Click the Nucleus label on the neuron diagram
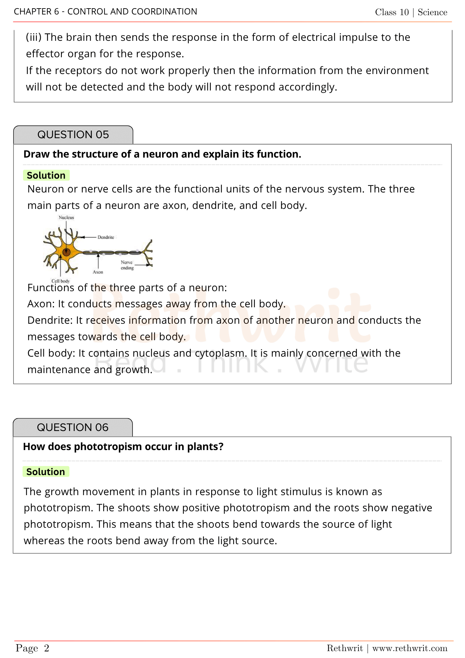(66, 217)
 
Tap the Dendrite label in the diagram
(106, 237)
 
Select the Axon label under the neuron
(98, 272)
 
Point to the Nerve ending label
(127, 265)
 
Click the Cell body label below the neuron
(61, 281)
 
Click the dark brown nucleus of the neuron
(66, 252)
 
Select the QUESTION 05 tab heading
(73, 135)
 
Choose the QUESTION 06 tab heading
(73, 427)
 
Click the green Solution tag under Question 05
(46, 175)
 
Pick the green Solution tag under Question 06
(46, 472)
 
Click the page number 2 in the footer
(47, 648)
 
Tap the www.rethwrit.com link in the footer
(410, 648)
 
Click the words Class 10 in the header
(392, 12)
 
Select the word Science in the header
(432, 12)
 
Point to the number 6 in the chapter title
(57, 12)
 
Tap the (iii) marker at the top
(34, 38)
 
